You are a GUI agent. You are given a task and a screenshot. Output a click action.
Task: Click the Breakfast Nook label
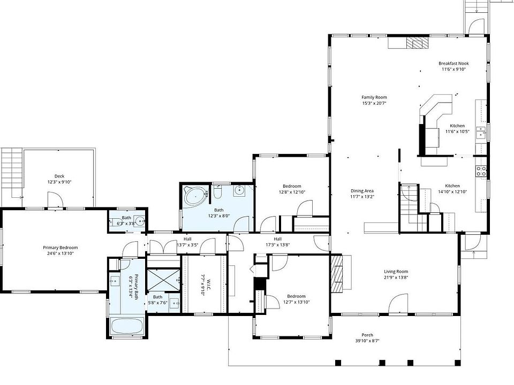[x=453, y=64]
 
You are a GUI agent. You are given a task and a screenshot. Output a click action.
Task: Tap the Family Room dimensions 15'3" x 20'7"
[x=374, y=103]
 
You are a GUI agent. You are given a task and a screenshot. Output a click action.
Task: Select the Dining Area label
[x=362, y=191]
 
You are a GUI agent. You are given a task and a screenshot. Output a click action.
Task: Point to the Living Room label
[x=396, y=272]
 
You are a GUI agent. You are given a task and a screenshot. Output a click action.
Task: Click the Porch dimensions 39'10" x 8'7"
[x=367, y=341]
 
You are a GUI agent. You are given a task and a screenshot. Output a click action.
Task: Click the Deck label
[x=59, y=176]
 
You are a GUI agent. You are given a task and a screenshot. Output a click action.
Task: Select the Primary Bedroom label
[x=61, y=248]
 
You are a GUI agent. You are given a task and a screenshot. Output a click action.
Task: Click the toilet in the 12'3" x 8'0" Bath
[x=218, y=192]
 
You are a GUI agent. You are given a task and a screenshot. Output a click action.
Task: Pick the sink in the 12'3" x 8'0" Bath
[x=240, y=190]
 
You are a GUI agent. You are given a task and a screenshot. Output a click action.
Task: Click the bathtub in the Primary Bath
[x=127, y=326]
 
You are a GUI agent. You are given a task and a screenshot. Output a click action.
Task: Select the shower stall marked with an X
[x=163, y=280]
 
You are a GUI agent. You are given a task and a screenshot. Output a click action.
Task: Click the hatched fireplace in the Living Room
[x=337, y=274]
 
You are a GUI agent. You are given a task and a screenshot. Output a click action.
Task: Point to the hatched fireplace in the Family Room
[x=417, y=43]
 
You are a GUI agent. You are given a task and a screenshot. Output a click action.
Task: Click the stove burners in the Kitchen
[x=481, y=171]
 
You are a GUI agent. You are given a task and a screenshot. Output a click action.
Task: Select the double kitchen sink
[x=481, y=133]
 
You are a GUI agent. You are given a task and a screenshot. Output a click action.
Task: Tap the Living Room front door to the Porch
[x=398, y=304]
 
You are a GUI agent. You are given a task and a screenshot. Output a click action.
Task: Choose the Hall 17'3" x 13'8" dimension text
[x=278, y=244]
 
